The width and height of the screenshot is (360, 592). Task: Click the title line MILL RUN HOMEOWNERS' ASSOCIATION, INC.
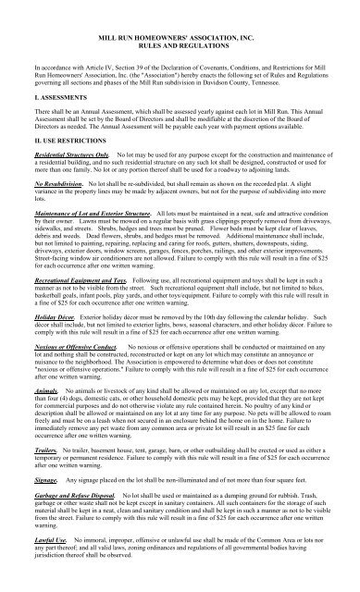(x=180, y=32)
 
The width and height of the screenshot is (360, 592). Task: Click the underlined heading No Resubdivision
(x=55, y=223)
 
